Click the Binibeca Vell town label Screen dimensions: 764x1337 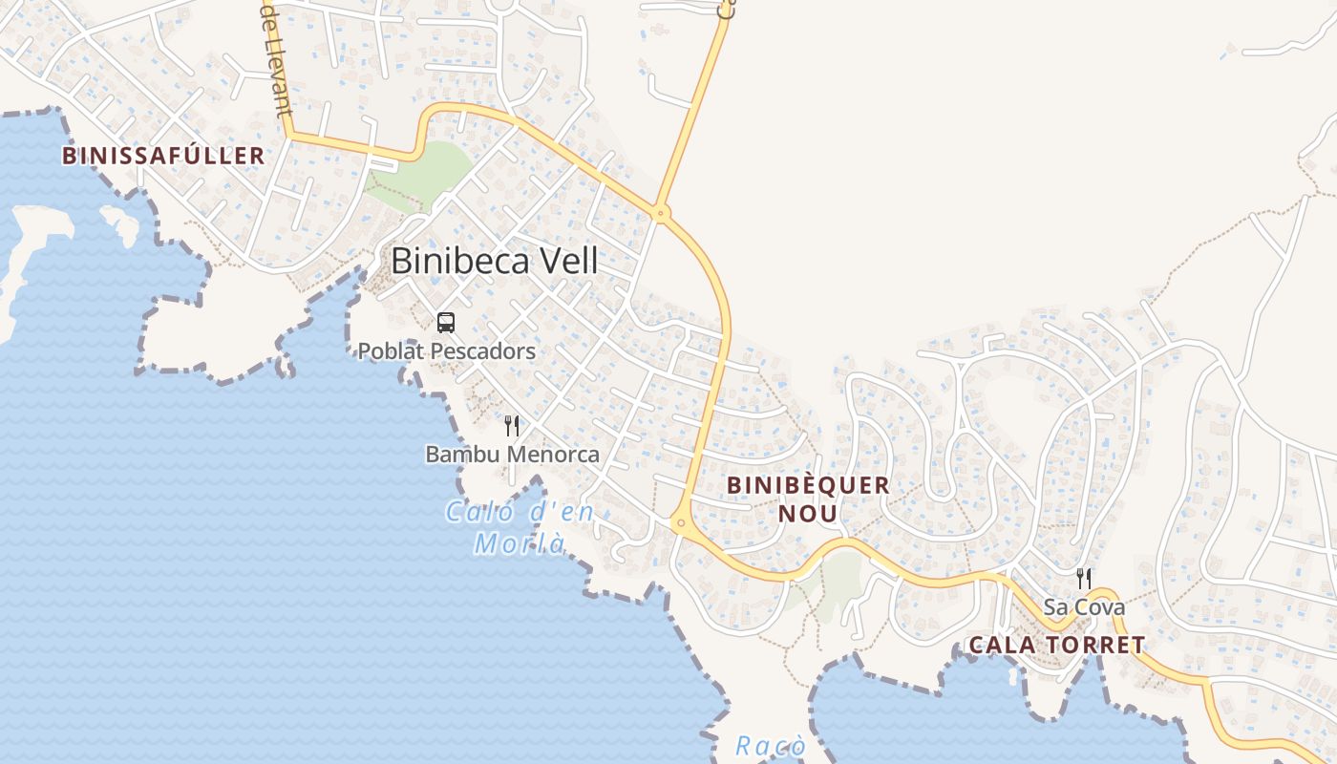495,261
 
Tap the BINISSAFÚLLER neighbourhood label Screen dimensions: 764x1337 163,156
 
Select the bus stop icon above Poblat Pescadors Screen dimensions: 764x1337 446,323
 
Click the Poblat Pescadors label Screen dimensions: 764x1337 446,351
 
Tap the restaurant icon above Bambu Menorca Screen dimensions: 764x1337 512,426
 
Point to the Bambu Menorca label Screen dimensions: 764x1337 512,455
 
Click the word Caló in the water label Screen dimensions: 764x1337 478,513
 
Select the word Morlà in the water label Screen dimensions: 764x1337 520,544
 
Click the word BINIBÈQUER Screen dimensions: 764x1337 808,485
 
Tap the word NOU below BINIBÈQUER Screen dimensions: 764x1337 808,514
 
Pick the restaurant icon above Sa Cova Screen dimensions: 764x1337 1083,578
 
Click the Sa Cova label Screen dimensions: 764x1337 1083,607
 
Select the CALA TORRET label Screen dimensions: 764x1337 1056,646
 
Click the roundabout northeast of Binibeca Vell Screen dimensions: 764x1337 660,213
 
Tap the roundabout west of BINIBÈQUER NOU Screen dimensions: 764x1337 680,522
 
